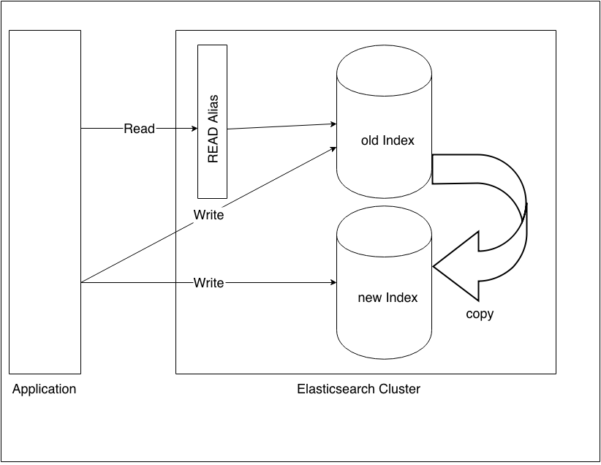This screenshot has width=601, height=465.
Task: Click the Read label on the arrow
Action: coord(139,129)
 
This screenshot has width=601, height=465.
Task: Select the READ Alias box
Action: coord(212,121)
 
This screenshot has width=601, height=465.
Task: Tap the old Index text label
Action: coord(388,140)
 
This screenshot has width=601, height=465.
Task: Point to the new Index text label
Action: coord(388,298)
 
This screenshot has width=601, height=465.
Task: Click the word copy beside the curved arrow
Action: coord(480,314)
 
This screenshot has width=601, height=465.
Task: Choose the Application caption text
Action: coord(44,389)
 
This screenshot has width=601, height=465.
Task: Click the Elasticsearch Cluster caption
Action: coord(358,389)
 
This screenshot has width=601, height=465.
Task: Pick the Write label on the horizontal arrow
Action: coord(208,282)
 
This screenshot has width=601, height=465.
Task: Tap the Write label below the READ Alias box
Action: coord(208,216)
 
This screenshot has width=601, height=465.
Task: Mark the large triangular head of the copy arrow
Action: coord(456,267)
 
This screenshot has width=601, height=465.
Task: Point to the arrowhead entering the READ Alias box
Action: coord(193,129)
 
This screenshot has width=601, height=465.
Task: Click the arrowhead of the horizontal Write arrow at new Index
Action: coord(332,282)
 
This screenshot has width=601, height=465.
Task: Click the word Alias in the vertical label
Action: coord(213,107)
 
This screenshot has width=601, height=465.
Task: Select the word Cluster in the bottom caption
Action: coord(400,389)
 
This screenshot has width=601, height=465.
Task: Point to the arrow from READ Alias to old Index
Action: coord(281,126)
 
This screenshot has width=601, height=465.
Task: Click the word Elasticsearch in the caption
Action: coord(336,389)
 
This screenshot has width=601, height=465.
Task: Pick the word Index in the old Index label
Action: coord(399,140)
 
